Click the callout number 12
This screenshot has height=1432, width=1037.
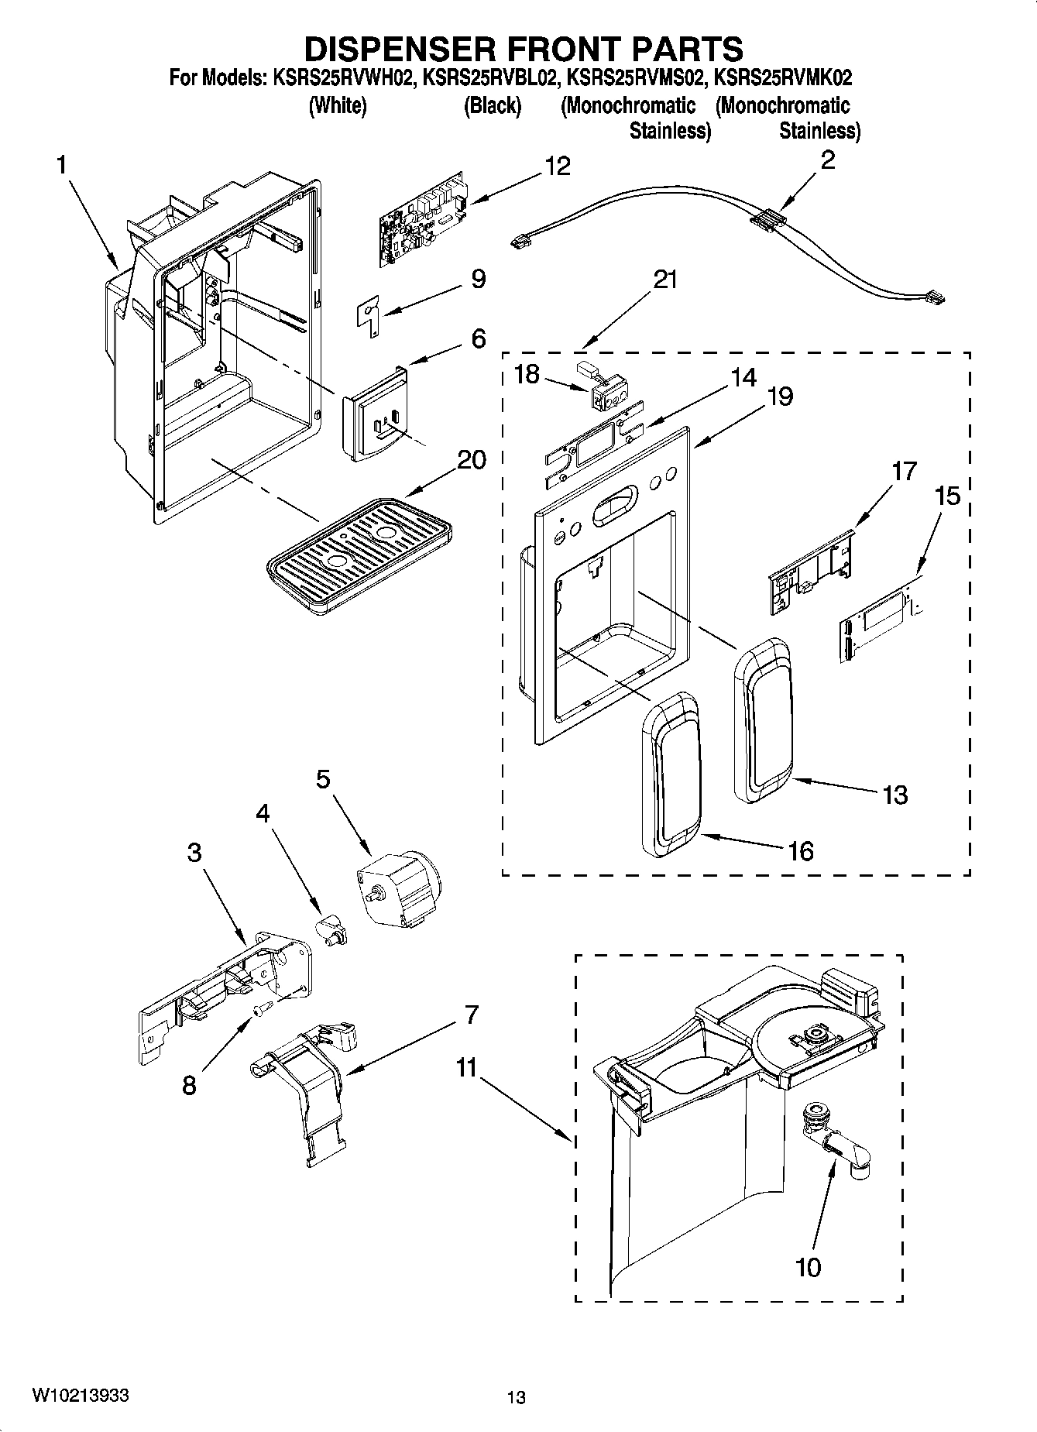click(557, 166)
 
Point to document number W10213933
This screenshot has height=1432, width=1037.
click(80, 1395)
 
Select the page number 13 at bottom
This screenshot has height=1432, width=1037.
click(516, 1397)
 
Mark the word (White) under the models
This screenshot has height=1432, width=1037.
click(337, 106)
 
